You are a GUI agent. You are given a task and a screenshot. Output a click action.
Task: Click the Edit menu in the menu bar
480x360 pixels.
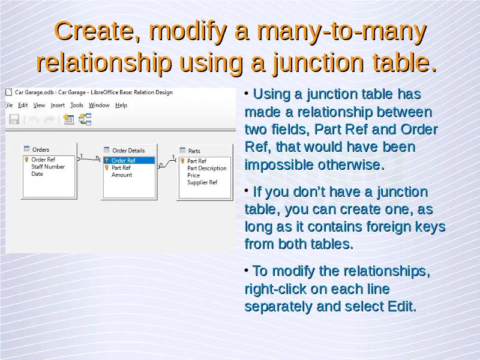coord(23,106)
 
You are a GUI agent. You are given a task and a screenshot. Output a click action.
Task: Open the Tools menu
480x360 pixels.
coord(77,106)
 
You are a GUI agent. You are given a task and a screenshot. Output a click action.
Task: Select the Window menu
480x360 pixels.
coord(99,106)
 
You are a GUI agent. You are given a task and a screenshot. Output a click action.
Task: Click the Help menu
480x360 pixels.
coord(121,106)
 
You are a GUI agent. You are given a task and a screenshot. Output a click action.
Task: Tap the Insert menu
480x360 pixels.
coord(58,106)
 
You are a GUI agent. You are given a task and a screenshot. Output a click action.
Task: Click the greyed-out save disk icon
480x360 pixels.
coord(14,119)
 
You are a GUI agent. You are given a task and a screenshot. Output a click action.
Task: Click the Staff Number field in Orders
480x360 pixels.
coord(48,167)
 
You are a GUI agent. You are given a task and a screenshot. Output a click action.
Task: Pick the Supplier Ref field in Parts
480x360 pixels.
coord(202,182)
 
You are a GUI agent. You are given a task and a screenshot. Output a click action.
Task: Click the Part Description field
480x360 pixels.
coord(206,169)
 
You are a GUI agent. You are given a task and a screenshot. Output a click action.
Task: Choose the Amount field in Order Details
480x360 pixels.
coord(122,175)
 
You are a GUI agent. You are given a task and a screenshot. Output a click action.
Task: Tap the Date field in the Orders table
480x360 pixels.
coord(37,174)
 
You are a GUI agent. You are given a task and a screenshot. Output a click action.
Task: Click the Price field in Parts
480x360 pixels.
coord(193,175)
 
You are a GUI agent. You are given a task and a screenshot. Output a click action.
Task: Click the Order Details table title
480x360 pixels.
coord(128,151)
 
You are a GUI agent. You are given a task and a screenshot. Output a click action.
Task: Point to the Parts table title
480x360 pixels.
coord(194,151)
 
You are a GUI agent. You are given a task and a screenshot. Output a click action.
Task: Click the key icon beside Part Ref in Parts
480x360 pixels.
coord(182,161)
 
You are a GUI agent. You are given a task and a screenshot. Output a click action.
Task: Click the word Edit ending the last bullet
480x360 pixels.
coord(401,307)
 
